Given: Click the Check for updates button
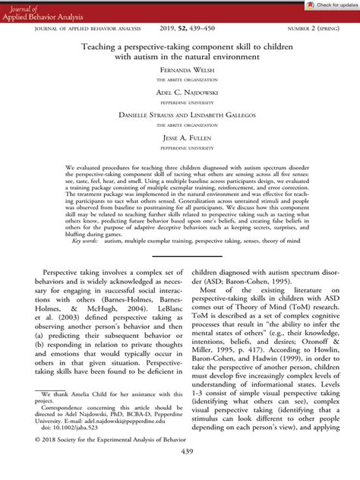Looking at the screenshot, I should click(327, 5).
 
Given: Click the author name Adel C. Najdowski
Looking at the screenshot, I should click(180, 92).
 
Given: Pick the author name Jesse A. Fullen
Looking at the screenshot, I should click(180, 137).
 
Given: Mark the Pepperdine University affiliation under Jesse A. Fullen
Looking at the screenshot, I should click(180, 148).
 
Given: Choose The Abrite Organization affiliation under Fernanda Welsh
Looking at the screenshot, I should click(180, 80).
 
